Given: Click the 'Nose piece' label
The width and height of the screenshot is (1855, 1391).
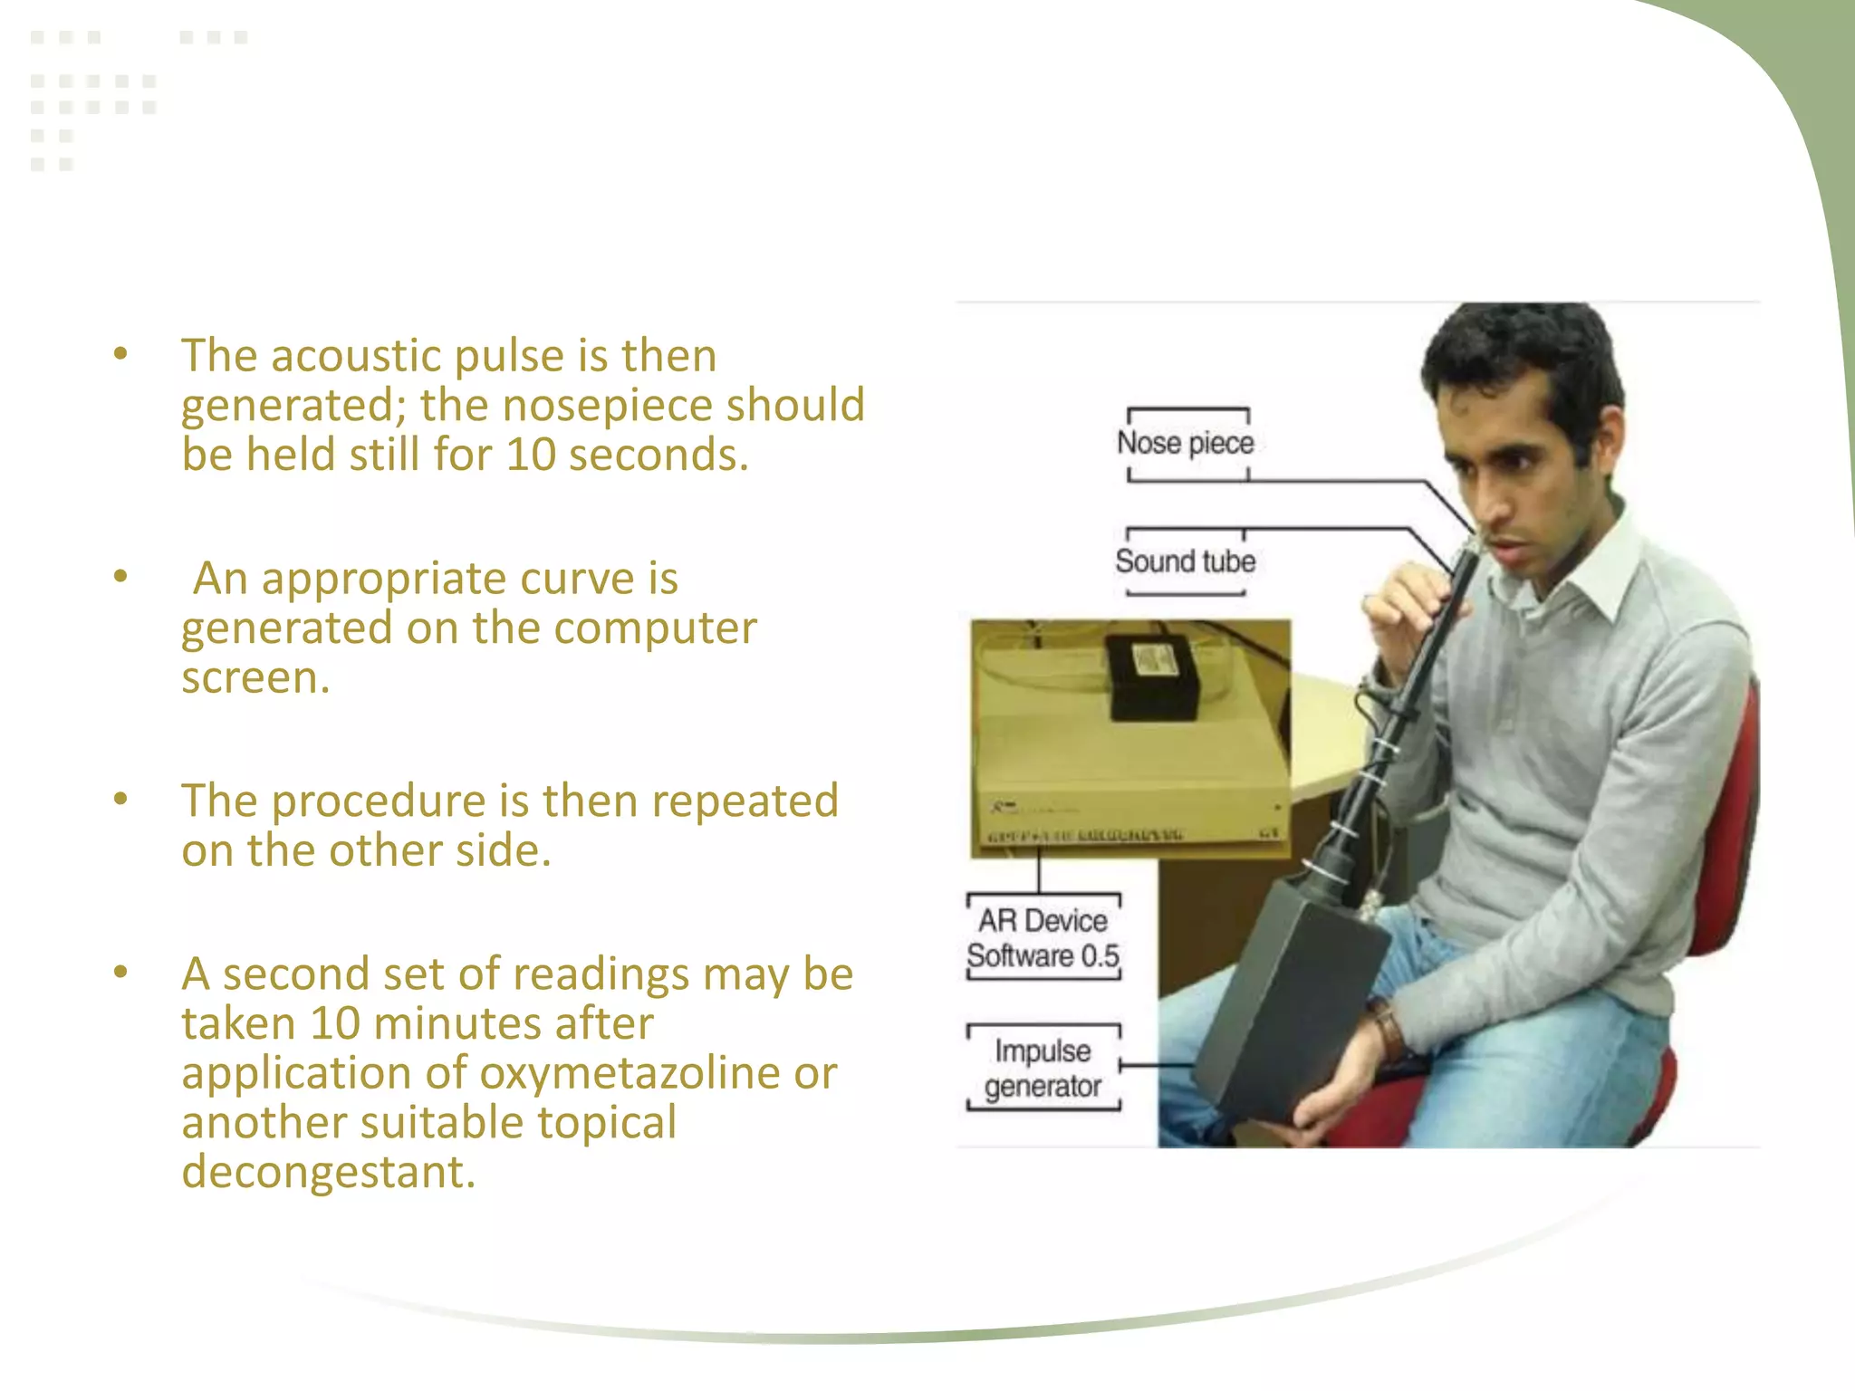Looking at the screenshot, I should (1185, 443).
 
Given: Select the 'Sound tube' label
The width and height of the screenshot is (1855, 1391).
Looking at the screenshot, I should (1185, 561).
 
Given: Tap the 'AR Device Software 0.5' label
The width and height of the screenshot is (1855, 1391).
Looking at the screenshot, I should (1043, 938).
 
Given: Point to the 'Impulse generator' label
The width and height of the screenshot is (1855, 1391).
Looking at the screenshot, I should (1043, 1069).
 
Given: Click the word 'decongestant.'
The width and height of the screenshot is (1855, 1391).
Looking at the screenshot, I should (328, 1172).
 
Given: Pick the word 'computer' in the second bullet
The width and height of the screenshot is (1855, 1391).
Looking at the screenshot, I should (655, 628).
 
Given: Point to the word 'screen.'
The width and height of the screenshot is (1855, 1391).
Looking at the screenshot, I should (255, 677).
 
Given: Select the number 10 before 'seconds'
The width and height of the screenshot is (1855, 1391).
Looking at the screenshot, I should (531, 455).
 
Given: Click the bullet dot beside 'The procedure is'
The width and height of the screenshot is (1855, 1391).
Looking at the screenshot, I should (120, 799).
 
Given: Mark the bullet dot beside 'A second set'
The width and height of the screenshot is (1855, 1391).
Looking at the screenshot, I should (120, 972).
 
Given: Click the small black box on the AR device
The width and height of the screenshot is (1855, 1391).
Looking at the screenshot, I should (1152, 677).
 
